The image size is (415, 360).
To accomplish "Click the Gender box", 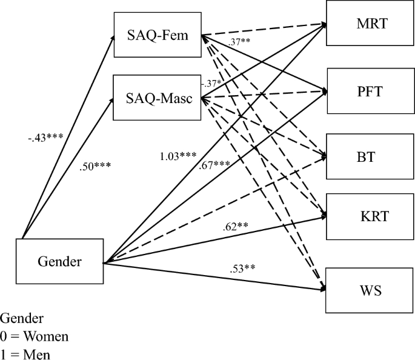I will [59, 262].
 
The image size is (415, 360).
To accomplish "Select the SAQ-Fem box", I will [157, 36].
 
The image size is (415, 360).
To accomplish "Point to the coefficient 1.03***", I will [177, 156].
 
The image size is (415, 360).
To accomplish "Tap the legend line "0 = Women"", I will [35, 335].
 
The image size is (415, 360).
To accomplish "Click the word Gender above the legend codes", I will [21, 318].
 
